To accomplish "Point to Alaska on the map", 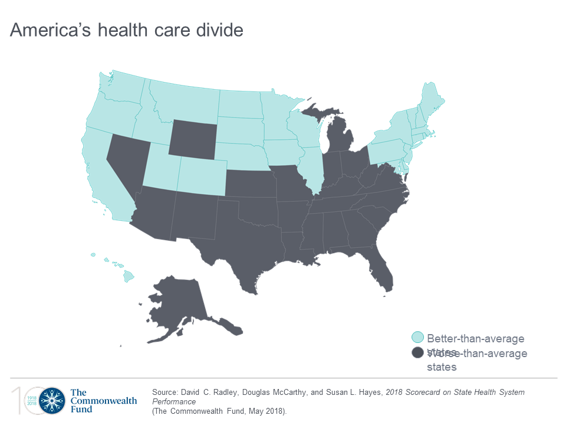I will pyautogui.click(x=177, y=307).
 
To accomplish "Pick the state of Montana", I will pyautogui.click(x=183, y=100).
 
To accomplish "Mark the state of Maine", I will pyautogui.click(x=432, y=100).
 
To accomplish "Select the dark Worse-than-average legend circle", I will pyautogui.click(x=418, y=353).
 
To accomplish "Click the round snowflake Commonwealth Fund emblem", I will pyautogui.click(x=51, y=400).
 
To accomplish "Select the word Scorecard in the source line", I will pyautogui.click(x=413, y=392).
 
